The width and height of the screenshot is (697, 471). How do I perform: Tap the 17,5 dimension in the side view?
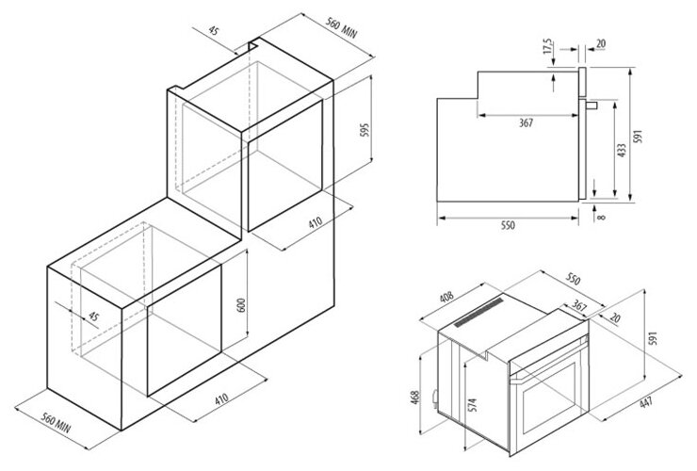click(547, 48)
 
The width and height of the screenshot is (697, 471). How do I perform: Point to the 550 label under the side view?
click(507, 229)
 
